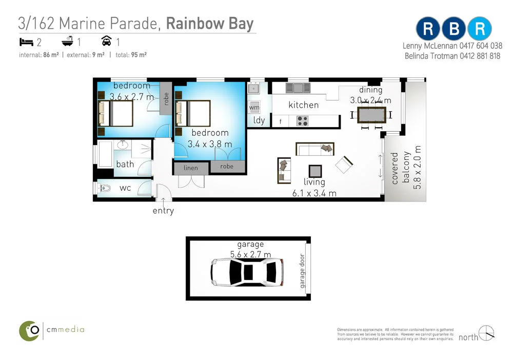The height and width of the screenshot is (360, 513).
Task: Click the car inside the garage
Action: coord(246,271)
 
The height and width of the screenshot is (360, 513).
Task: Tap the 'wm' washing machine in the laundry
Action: coord(254,108)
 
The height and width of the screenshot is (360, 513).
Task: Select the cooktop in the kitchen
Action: coord(302,122)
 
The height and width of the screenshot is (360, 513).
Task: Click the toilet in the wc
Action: coord(104,188)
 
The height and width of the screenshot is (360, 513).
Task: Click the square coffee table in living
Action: coord(315,171)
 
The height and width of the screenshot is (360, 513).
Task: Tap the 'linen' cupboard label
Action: coord(191,168)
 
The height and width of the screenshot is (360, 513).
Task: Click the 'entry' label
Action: coord(163,210)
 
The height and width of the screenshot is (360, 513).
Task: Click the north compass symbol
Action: coord(486,333)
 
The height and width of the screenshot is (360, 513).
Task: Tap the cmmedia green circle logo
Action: coord(30,331)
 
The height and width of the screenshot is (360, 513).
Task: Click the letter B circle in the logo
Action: coord(454,29)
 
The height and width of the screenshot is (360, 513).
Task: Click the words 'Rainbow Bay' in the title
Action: coord(210,24)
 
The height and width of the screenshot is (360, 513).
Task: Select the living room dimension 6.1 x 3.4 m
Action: coord(314,193)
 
